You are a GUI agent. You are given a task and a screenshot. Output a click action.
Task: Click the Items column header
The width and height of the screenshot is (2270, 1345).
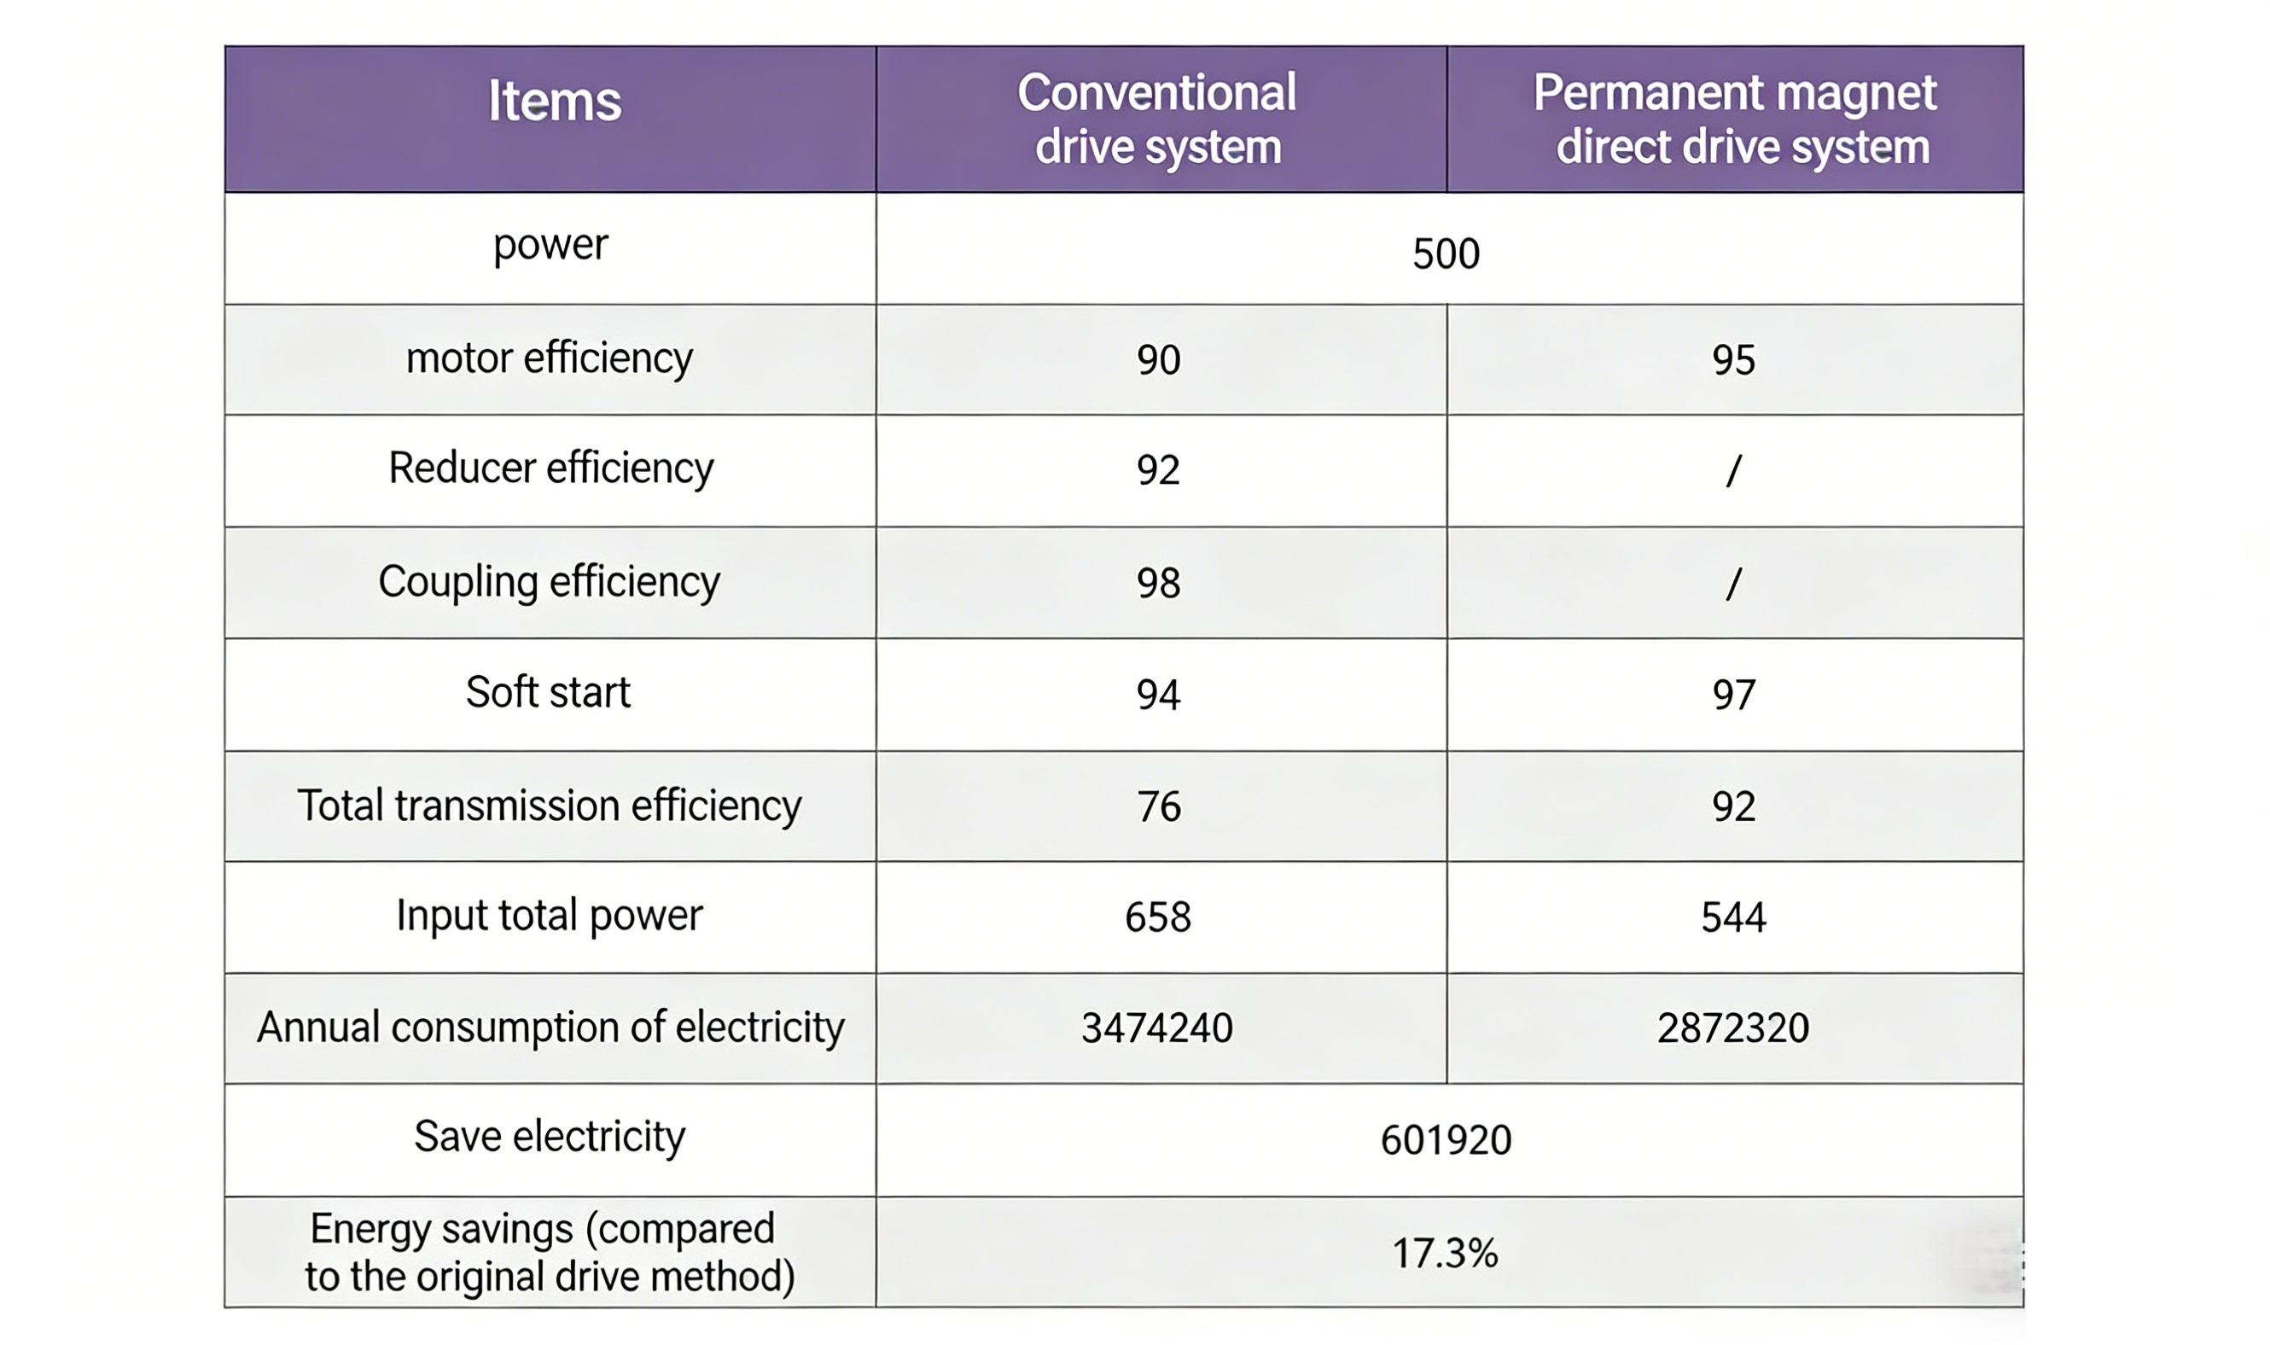(554, 101)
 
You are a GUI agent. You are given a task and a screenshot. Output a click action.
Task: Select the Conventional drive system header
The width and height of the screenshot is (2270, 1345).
(1157, 119)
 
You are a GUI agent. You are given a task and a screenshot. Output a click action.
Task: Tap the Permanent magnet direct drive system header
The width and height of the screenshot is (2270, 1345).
(1734, 119)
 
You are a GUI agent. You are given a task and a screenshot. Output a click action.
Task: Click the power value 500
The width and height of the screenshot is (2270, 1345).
(1446, 253)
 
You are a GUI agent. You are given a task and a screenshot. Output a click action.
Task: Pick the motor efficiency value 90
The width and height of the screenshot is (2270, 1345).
(1158, 360)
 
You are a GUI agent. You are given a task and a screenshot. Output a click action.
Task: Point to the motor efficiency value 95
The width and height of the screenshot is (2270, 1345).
(1732, 360)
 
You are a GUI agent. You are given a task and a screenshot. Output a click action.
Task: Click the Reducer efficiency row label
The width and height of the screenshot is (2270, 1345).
(550, 469)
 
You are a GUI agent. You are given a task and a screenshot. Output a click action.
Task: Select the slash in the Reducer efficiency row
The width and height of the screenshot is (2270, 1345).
(1732, 470)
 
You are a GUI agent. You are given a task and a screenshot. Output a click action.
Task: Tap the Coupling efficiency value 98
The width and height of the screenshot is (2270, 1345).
(1158, 583)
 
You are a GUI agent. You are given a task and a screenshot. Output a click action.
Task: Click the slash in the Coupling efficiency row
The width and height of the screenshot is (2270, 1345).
(1732, 583)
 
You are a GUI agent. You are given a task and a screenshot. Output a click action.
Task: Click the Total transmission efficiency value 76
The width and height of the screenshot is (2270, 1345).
(1158, 806)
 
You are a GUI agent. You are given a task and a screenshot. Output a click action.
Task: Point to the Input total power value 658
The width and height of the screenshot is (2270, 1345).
(1157, 917)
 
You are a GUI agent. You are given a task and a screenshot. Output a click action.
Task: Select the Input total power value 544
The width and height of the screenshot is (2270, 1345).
(1732, 917)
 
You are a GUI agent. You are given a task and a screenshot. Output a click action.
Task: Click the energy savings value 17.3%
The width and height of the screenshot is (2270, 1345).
(1445, 1254)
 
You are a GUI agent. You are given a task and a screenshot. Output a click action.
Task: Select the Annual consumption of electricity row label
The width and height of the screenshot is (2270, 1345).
(550, 1028)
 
